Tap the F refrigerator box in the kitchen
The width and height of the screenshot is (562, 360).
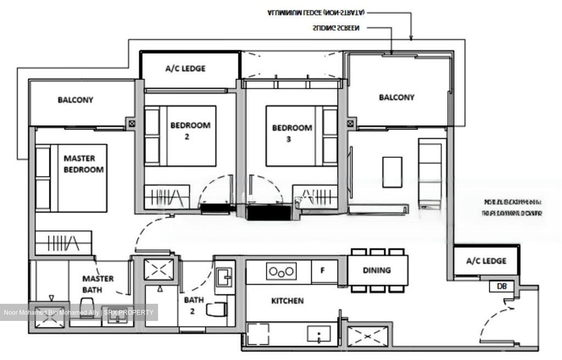323,270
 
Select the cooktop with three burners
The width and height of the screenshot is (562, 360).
281,271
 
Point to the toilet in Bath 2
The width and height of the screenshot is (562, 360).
216,309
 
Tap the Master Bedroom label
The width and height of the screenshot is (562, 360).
84,164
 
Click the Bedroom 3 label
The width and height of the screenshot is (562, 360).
292,133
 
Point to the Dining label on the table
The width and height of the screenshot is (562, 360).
377,270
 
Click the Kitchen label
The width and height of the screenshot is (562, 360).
287,301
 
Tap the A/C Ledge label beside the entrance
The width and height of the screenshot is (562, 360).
486,261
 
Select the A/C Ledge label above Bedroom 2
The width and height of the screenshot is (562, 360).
185,69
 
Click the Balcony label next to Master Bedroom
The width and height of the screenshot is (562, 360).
75,100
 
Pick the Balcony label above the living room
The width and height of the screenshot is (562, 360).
397,97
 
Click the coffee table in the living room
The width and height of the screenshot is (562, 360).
392,172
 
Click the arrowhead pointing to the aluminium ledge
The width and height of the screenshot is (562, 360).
411,38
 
